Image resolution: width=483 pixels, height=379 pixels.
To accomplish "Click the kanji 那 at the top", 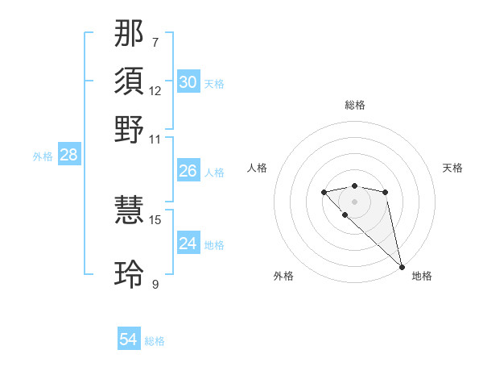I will [130, 35].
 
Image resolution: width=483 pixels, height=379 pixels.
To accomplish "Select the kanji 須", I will [130, 81].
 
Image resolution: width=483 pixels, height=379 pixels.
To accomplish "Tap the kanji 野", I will [130, 129].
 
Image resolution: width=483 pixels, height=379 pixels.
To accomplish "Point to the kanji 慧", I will [130, 212].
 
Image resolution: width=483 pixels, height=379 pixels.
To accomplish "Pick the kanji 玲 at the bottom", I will [130, 273].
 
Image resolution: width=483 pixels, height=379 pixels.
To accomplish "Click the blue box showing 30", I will [188, 82].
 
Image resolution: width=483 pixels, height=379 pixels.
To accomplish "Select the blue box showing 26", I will [188, 171].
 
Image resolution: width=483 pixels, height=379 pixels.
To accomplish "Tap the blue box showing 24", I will [188, 244].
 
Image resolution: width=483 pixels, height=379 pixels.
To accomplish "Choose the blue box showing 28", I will [68, 156].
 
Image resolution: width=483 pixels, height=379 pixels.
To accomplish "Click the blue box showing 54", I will [129, 339].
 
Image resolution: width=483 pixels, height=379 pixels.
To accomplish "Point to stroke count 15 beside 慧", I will [155, 219].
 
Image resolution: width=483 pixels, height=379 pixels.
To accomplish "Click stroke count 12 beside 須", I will [155, 90].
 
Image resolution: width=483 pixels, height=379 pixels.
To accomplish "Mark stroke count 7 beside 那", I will [155, 42].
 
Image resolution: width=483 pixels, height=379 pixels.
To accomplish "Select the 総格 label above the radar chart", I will [354, 105].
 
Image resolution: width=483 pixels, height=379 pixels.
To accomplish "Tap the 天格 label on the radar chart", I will [452, 168].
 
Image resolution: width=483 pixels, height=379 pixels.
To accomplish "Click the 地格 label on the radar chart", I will [422, 276].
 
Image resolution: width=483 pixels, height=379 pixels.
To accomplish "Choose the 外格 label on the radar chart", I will [283, 276].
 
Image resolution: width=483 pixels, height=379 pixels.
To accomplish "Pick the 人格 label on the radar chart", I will [257, 168].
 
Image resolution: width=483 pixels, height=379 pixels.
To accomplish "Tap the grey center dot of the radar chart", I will [354, 202].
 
